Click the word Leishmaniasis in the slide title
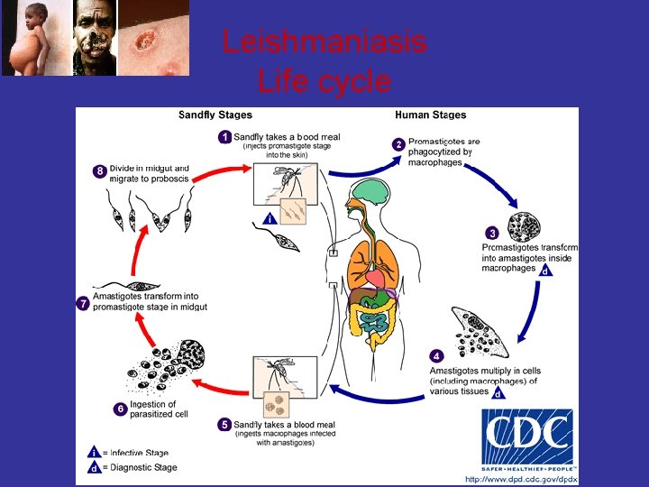tap(324, 41)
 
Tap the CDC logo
tap(526, 440)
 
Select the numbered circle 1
tap(225, 137)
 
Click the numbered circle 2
tap(398, 144)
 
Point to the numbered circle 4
tap(437, 354)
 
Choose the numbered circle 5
tap(224, 423)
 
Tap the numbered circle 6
tap(120, 409)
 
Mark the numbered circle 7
tap(82, 303)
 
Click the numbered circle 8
tap(100, 170)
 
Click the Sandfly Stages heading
tap(215, 115)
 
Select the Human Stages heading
tap(430, 115)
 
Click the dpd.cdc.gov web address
tap(520, 479)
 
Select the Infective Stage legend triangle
tap(93, 453)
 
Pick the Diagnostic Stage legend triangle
tap(93, 468)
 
